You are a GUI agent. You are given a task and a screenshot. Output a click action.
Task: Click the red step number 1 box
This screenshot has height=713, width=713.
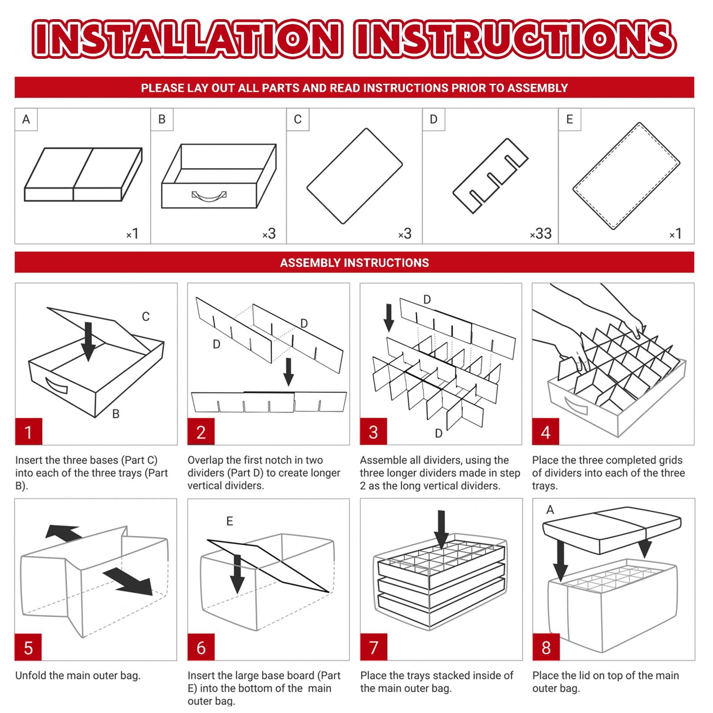coord(29,431)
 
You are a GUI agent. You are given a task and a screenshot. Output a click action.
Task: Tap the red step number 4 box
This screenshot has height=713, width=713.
coord(546,431)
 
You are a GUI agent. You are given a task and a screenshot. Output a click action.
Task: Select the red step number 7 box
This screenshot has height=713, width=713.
coord(373,647)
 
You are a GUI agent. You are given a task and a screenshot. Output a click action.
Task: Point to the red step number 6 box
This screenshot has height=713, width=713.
coord(201,647)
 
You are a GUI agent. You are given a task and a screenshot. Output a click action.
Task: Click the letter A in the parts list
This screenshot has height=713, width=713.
coord(26,119)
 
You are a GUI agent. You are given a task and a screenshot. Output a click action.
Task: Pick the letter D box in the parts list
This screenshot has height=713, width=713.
coord(434,119)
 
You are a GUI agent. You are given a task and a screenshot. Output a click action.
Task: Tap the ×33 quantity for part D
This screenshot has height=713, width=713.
coord(541,234)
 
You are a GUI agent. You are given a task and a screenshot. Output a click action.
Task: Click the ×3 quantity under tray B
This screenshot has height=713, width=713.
coord(269,234)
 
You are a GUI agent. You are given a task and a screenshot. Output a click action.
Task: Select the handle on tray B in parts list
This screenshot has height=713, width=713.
coord(209,196)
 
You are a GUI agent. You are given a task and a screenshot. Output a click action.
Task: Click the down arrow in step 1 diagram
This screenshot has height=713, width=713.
coord(88,341)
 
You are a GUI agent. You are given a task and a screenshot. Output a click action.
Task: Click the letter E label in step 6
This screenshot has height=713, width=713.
coord(229,521)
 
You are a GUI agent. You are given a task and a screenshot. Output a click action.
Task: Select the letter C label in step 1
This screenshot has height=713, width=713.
coord(146,316)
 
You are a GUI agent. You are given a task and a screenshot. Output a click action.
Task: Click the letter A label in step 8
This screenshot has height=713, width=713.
coord(550,509)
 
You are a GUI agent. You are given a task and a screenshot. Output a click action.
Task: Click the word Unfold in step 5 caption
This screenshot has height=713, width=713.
coord(31,675)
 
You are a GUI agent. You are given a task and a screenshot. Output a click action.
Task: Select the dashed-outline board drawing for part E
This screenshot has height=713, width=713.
coord(626,176)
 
